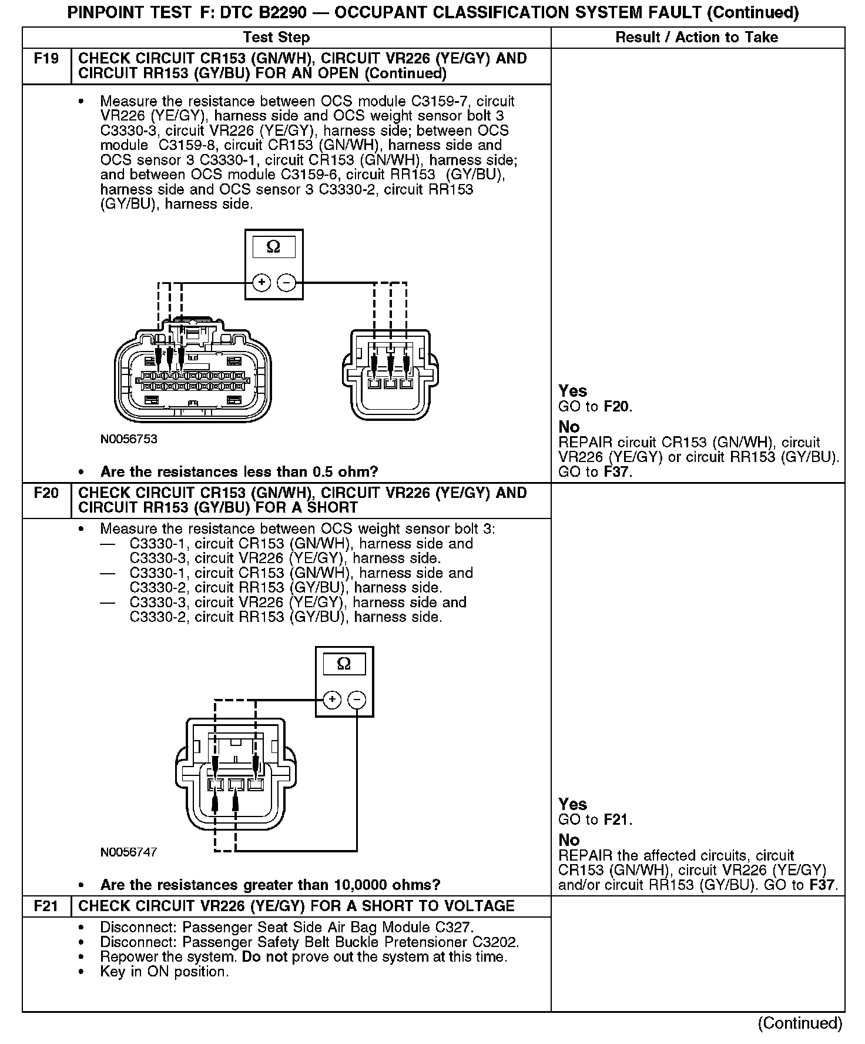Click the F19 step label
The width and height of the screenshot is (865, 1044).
click(x=46, y=59)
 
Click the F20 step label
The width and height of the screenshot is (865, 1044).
click(x=46, y=493)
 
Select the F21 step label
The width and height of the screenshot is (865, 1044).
click(x=46, y=906)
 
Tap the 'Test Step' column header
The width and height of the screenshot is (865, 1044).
click(x=276, y=38)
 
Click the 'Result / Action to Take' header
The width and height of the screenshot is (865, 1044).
click(x=696, y=38)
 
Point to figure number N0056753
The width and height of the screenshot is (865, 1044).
click(x=129, y=439)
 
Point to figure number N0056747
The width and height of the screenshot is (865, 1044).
click(x=129, y=852)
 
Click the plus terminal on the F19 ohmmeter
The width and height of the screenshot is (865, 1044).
click(x=261, y=283)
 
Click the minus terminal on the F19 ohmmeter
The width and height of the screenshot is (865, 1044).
click(x=286, y=283)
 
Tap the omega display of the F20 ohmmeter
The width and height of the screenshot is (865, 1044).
click(x=344, y=664)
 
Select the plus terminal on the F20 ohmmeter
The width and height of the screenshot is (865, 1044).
click(x=332, y=700)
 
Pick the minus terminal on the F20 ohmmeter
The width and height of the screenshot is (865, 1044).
click(x=357, y=700)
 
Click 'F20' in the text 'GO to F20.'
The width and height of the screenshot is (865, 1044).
click(x=617, y=407)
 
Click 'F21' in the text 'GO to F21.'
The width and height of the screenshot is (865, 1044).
click(x=617, y=819)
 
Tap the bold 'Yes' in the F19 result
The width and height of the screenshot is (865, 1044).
click(x=572, y=391)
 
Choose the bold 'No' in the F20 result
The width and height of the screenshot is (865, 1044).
click(x=569, y=839)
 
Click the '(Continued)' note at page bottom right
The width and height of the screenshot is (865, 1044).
click(x=800, y=1023)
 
